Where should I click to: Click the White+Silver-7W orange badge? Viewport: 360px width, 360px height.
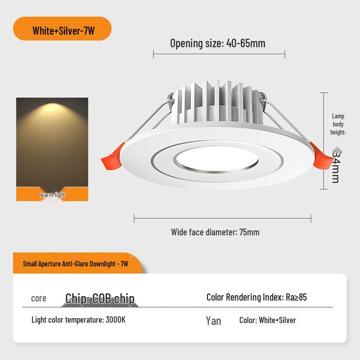point(63,31)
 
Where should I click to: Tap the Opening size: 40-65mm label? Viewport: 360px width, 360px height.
point(218,44)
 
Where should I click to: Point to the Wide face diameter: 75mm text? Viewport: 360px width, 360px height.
point(215,232)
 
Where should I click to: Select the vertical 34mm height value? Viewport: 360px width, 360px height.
point(336,166)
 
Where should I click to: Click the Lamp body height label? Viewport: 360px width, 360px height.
point(338,124)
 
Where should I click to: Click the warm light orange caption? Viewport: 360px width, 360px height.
point(52,195)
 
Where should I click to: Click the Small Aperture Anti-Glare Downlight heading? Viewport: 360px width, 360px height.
point(76,264)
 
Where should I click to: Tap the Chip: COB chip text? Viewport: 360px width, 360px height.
point(100,299)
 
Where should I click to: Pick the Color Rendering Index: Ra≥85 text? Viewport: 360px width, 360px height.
point(256,297)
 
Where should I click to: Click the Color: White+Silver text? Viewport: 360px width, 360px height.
point(267,320)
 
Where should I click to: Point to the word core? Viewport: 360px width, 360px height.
point(39,298)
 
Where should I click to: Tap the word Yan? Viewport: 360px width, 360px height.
point(213,320)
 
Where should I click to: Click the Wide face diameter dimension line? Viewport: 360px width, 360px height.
point(222,219)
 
